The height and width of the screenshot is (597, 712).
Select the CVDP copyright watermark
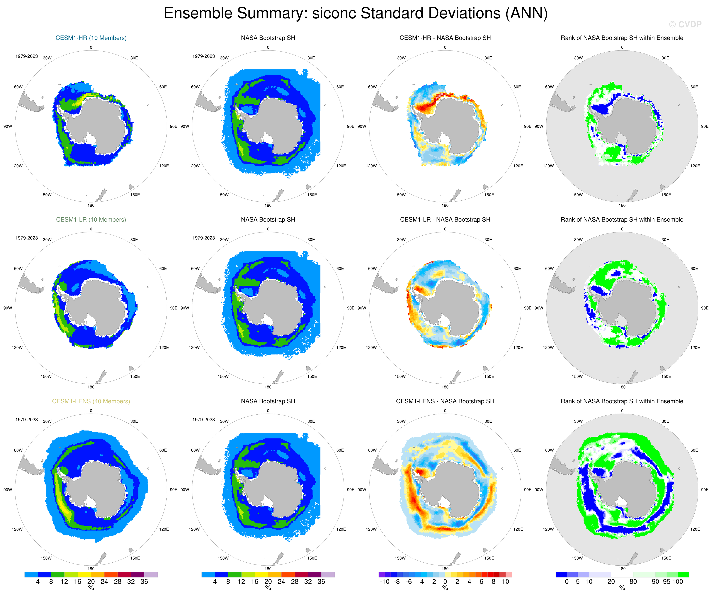[x=685, y=24]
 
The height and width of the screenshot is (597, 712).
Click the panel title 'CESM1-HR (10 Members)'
[x=91, y=38]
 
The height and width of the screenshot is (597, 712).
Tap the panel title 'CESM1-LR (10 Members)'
[x=91, y=219]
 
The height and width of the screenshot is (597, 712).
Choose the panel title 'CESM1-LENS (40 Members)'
[x=91, y=401]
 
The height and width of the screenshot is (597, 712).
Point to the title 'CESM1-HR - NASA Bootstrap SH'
[x=445, y=38]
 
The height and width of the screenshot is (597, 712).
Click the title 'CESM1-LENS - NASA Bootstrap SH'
[x=445, y=401]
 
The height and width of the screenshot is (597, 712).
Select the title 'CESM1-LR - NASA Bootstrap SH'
[x=445, y=219]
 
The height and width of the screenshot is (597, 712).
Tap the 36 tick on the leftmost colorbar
[x=144, y=582]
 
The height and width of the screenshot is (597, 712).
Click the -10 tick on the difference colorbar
[x=384, y=582]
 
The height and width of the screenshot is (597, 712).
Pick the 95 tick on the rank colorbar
[x=666, y=582]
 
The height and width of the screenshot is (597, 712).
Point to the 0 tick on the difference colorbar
[x=445, y=582]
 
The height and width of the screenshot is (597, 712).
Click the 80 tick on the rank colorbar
[x=633, y=582]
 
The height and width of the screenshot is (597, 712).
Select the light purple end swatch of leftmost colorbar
[x=151, y=575]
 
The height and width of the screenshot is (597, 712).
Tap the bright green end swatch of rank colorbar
[x=683, y=575]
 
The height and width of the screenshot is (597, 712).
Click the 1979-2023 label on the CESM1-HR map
[x=26, y=56]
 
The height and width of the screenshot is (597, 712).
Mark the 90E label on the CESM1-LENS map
[x=173, y=490]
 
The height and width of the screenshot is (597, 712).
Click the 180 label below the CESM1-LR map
[x=91, y=387]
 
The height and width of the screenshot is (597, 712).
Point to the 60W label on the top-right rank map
[x=549, y=87]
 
